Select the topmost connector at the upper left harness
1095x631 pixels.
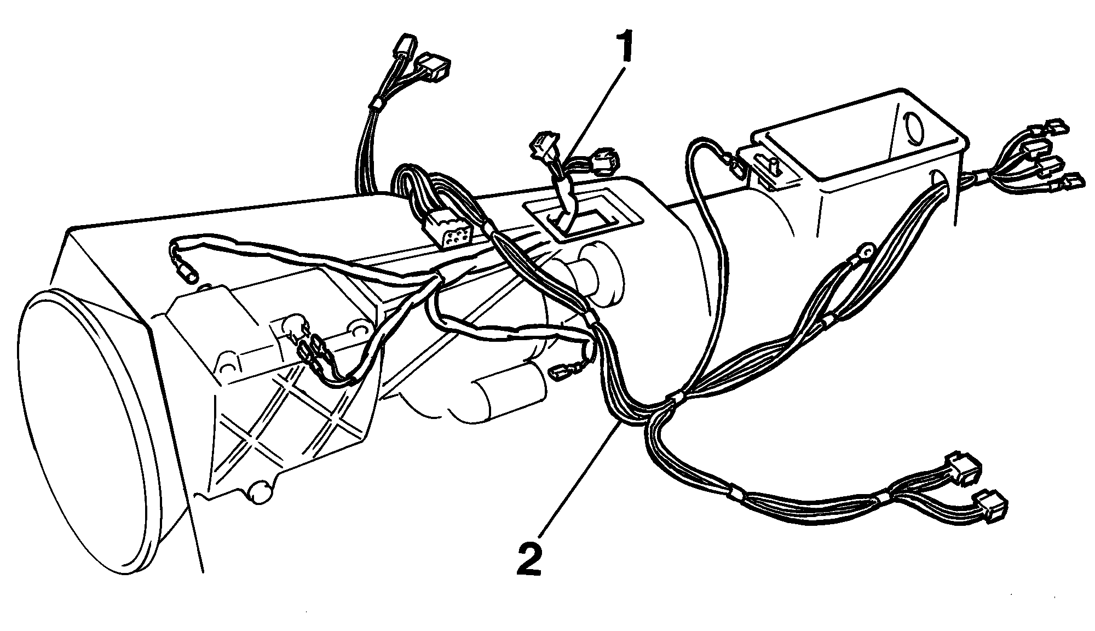click(x=403, y=46)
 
